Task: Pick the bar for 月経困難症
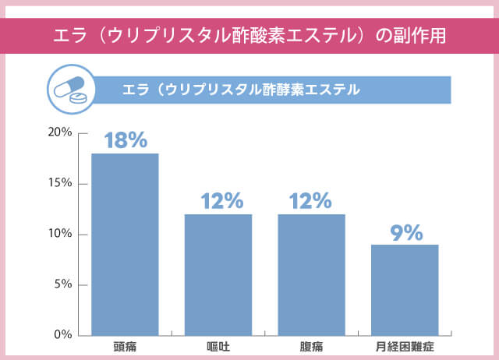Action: coord(405,289)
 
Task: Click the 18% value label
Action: coord(126,140)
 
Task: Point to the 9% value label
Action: coord(405,232)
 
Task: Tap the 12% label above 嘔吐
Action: coord(221,201)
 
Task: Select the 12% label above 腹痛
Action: coord(310,201)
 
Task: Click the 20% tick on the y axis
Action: coord(59,132)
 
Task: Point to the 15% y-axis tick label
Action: coord(59,183)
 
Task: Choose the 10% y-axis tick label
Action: coord(59,234)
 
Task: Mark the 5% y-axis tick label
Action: coord(62,284)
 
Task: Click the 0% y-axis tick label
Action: coord(62,334)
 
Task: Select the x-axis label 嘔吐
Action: coord(218,345)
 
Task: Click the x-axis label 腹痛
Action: coord(311,345)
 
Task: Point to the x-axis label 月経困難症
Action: coord(405,345)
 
